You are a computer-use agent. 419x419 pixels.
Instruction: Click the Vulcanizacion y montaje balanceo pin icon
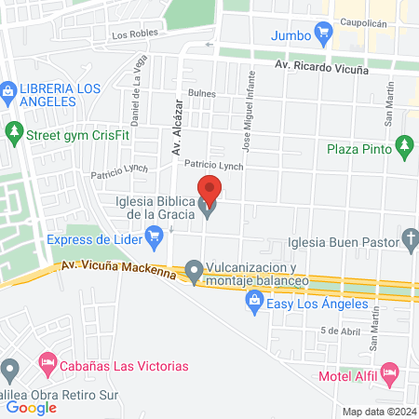coord(194,272)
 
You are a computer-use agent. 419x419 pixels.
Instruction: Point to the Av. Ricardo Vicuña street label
coord(321,68)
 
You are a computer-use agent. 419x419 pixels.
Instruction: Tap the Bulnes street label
coord(201,93)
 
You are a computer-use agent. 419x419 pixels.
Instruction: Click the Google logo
coord(32,407)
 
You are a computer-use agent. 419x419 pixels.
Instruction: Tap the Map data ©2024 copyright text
coord(378,411)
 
